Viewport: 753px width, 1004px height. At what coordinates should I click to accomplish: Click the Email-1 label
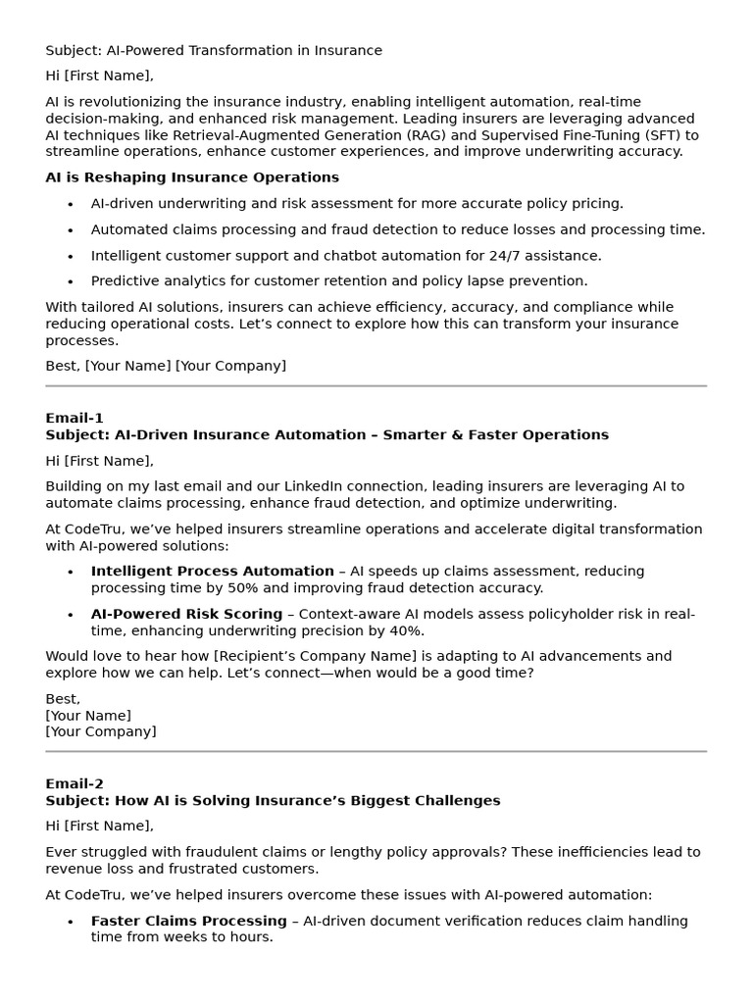coord(75,418)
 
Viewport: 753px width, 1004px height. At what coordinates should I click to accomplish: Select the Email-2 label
coord(75,783)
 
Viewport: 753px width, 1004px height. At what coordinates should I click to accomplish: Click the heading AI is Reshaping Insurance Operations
coord(192,177)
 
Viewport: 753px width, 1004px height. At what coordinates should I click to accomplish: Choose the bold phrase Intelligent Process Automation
coord(212,571)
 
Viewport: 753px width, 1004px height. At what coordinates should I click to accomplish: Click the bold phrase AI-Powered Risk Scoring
coord(186,614)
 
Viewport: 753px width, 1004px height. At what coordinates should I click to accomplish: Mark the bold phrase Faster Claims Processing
coord(188,921)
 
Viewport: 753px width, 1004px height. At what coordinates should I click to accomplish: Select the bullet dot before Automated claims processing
coord(71,230)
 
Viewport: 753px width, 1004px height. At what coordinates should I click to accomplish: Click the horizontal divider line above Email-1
coord(376,386)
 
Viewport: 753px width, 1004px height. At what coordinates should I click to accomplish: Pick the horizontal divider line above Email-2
coord(376,752)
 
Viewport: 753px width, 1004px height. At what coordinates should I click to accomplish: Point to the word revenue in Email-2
coord(74,869)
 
